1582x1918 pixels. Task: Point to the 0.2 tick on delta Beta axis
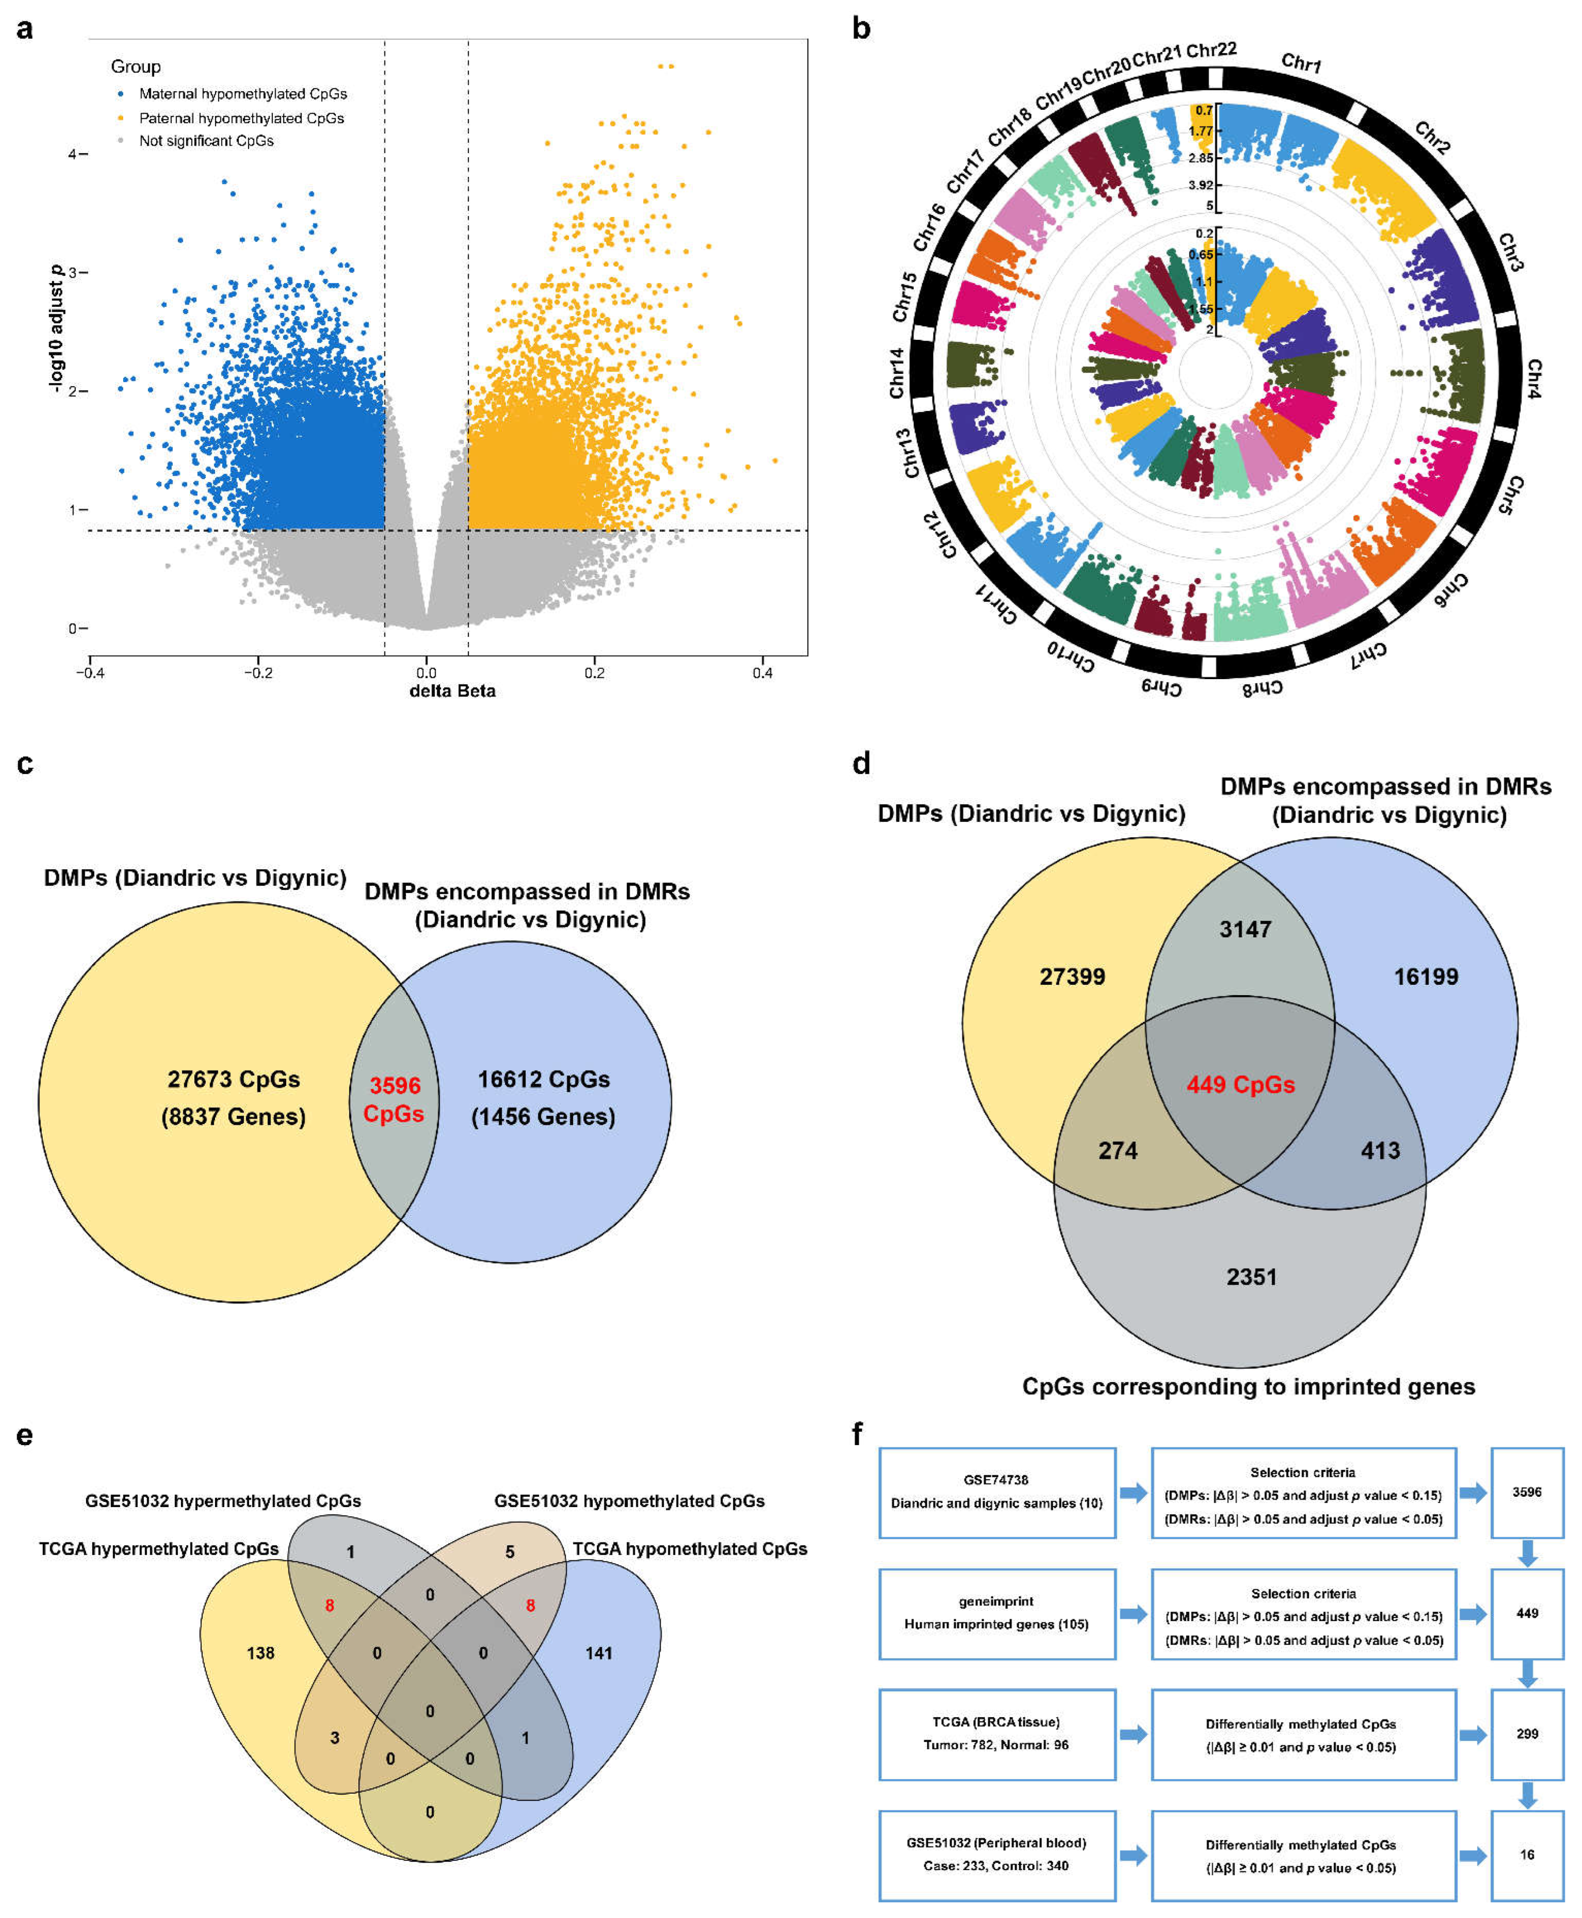[x=594, y=673]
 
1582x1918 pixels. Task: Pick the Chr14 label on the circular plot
[x=897, y=373]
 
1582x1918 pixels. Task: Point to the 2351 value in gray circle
[x=1251, y=1277]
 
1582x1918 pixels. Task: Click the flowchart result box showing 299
[x=1528, y=1734]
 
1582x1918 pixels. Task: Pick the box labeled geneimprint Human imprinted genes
[x=997, y=1613]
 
